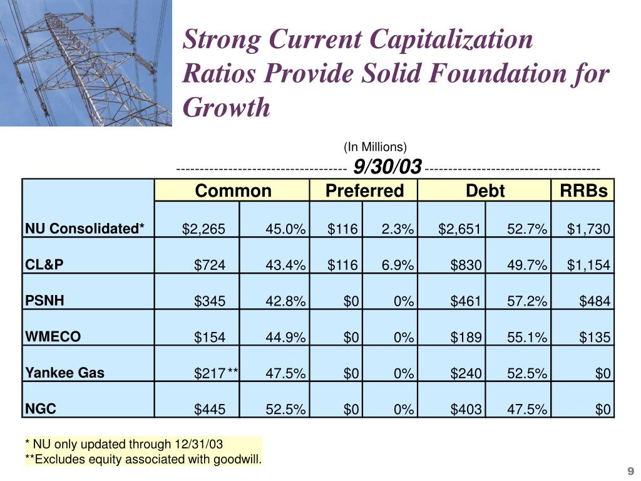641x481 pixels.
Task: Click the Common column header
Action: click(233, 190)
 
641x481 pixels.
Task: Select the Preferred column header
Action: click(365, 190)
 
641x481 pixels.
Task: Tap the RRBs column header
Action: click(583, 190)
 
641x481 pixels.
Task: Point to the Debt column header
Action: click(485, 190)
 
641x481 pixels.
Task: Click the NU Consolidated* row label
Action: click(85, 228)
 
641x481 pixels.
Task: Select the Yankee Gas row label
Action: click(64, 373)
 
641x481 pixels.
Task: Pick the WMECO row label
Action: click(53, 336)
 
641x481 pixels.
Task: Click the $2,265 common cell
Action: click(203, 229)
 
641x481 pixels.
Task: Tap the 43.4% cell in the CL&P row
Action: click(285, 265)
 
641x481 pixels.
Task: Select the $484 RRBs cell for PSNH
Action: click(595, 301)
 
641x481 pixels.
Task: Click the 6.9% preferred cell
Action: click(397, 265)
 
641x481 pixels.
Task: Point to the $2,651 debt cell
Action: click(459, 229)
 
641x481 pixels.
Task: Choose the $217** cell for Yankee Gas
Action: click(216, 373)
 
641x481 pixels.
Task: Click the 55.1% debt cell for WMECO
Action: click(527, 337)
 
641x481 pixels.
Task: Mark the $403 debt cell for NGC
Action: click(466, 409)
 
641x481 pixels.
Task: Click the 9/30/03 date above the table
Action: click(387, 167)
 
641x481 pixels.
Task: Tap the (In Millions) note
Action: click(376, 147)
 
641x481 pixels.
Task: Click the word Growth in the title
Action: click(227, 107)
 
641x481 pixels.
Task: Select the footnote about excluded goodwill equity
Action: click(143, 459)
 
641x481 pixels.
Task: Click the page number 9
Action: click(630, 471)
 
